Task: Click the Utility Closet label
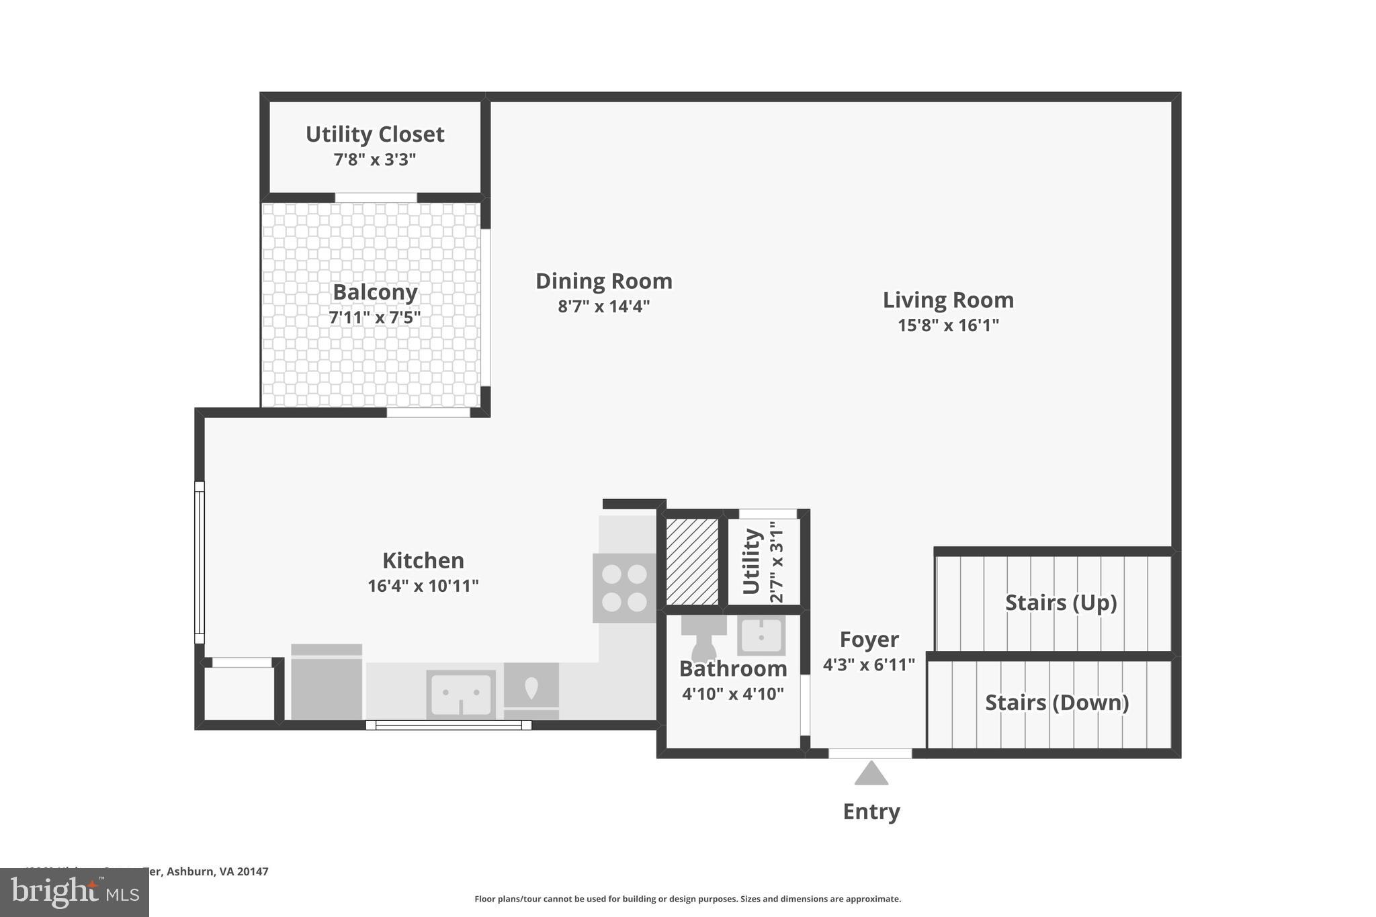point(375,134)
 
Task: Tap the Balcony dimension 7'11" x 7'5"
point(375,317)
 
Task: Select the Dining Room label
point(603,281)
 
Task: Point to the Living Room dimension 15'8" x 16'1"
point(948,325)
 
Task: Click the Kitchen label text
point(423,560)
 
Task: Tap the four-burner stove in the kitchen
point(624,587)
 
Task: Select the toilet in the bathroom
point(703,638)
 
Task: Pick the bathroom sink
point(761,635)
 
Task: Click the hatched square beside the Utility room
point(693,561)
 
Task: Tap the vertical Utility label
point(751,561)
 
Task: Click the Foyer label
point(869,640)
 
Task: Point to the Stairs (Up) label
point(1060,603)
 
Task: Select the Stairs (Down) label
point(1056,703)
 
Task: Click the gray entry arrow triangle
point(871,775)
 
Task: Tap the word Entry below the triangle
point(871,812)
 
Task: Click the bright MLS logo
point(75,892)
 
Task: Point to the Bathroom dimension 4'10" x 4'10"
point(733,694)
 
